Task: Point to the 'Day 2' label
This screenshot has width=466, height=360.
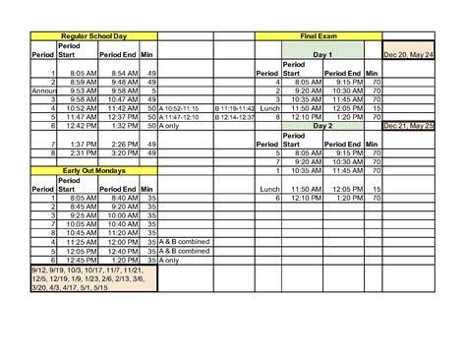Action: pyautogui.click(x=322, y=126)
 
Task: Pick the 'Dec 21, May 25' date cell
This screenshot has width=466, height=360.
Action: pyautogui.click(x=409, y=126)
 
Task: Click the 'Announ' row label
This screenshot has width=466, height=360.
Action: pyautogui.click(x=44, y=90)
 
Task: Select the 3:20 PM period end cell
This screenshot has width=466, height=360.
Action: pyautogui.click(x=124, y=153)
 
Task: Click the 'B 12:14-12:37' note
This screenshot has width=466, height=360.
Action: pyautogui.click(x=233, y=117)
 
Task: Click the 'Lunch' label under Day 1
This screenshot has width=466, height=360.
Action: pyautogui.click(x=267, y=108)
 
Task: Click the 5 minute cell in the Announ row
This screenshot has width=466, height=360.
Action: pyautogui.click(x=150, y=90)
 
